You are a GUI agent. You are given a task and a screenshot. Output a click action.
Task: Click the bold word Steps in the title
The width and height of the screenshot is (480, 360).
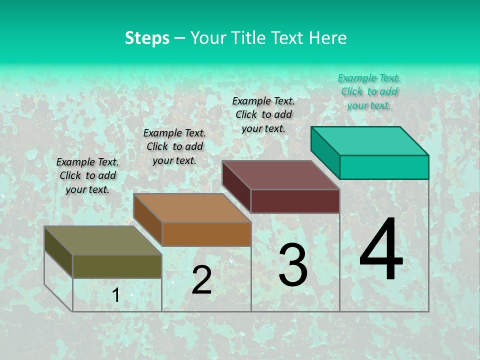coord(147,38)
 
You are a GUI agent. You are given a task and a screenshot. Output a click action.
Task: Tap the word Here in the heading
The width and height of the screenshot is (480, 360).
coord(327,38)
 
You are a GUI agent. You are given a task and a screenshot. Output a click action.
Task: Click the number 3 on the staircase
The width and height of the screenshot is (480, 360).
coord(293,264)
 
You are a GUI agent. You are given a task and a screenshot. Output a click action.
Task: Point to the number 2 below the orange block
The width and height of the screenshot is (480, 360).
coord(201,279)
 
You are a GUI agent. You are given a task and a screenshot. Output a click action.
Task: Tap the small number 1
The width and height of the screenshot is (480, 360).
coord(116,295)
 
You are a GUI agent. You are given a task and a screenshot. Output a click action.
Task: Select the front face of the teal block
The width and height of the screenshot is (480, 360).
coord(384,167)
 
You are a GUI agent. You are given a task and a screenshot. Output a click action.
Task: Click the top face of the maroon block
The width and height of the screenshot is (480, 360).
coord(280,175)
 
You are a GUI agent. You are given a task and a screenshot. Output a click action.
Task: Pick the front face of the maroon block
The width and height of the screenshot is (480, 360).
coord(295,201)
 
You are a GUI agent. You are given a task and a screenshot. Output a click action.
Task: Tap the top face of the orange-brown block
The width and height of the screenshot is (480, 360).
coord(191,208)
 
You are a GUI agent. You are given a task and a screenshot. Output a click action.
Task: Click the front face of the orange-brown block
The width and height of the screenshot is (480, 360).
coord(206,234)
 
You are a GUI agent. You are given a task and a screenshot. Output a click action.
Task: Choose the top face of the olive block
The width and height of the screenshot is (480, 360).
coord(102,240)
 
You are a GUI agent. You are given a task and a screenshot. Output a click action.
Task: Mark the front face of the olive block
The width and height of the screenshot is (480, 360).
coord(117,266)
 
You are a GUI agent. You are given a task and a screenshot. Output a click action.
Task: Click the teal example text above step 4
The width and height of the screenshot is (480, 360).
coord(369,91)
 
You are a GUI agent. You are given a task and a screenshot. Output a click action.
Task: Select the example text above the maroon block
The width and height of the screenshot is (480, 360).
coord(263,114)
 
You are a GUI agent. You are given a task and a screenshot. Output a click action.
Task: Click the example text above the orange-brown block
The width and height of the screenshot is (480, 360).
coord(174,146)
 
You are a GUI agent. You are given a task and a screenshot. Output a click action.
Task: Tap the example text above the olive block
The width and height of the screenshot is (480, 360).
coord(87,175)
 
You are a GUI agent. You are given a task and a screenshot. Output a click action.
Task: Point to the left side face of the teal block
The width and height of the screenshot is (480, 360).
coord(325,152)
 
